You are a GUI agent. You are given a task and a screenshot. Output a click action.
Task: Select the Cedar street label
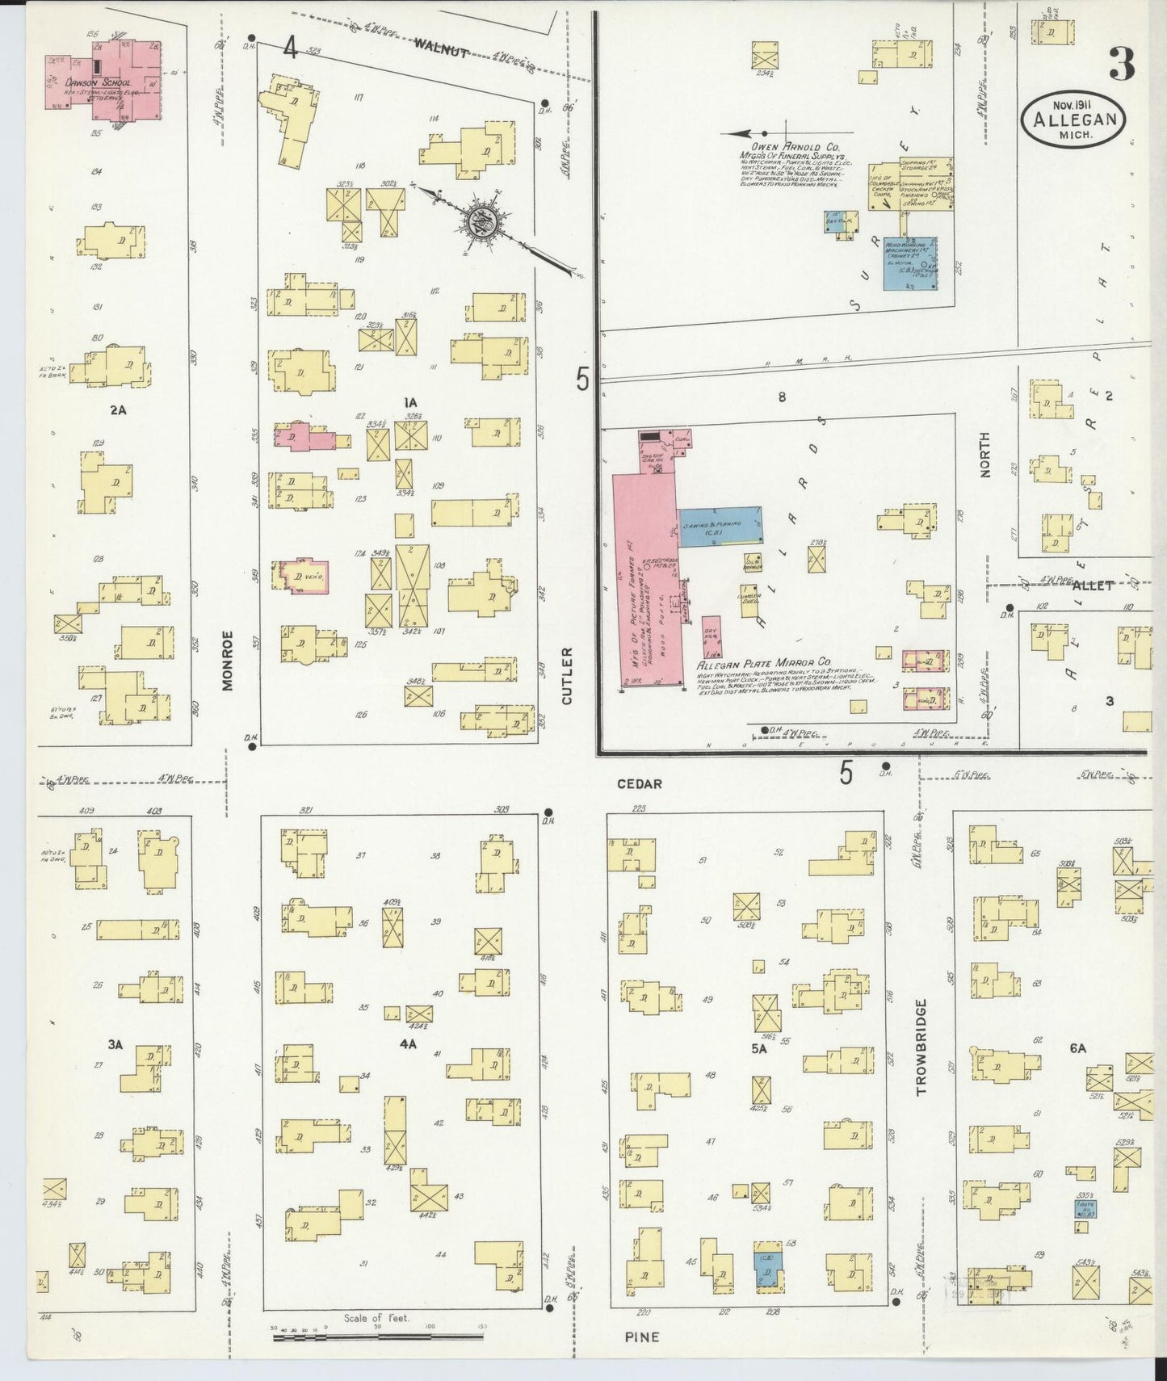click(x=639, y=783)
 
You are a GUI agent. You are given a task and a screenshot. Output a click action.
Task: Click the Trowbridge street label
click(x=921, y=1047)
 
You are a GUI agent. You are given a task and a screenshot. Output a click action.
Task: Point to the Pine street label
click(x=641, y=1337)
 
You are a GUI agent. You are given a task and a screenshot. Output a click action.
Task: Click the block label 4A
click(x=408, y=1043)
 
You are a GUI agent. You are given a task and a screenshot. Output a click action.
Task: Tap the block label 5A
click(x=758, y=1048)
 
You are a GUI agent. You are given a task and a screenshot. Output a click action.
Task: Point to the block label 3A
click(x=115, y=1044)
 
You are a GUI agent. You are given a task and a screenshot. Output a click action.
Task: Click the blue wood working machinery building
click(x=910, y=263)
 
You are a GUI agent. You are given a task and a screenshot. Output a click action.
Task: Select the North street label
click(x=984, y=455)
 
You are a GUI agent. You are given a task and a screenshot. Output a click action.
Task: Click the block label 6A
click(x=1077, y=1048)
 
